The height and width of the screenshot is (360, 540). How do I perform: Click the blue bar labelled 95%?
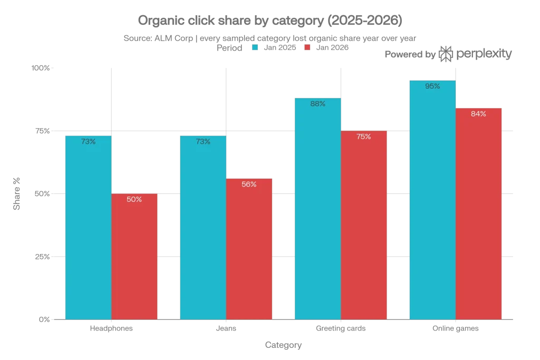(x=432, y=200)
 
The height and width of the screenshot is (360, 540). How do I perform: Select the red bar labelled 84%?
(x=478, y=213)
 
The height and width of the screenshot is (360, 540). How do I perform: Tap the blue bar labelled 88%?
(x=317, y=209)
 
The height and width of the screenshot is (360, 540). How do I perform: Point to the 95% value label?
(x=432, y=86)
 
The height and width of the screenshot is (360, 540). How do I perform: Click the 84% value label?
(x=478, y=114)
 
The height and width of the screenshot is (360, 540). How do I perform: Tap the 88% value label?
(x=317, y=104)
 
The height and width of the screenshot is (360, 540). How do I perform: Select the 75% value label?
(x=364, y=137)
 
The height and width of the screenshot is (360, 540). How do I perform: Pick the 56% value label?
(x=249, y=184)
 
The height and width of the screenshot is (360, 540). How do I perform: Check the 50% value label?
(x=134, y=199)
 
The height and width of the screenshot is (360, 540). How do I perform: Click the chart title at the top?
(x=270, y=20)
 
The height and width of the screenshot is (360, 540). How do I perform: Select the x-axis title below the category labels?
(x=283, y=346)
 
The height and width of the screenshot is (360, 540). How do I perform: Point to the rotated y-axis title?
(x=17, y=193)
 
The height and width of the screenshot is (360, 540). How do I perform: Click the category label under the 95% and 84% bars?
(x=455, y=329)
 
